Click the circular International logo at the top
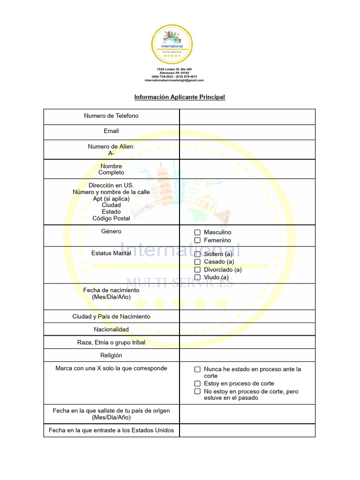point(172,45)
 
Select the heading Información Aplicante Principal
point(180,97)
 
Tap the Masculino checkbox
point(197,232)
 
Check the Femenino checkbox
point(197,240)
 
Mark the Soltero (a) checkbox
point(197,254)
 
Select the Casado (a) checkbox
point(197,262)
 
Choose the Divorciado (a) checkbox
point(197,270)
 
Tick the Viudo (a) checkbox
point(197,277)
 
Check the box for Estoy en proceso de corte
point(197,384)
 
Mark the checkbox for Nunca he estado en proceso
point(197,369)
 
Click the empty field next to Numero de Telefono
point(247,117)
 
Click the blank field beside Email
point(247,132)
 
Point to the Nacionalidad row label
point(111,330)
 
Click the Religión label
point(111,355)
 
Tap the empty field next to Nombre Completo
point(247,169)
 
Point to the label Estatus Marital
point(111,254)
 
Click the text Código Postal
point(111,218)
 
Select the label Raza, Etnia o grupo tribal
point(111,342)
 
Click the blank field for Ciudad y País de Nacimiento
point(247,316)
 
